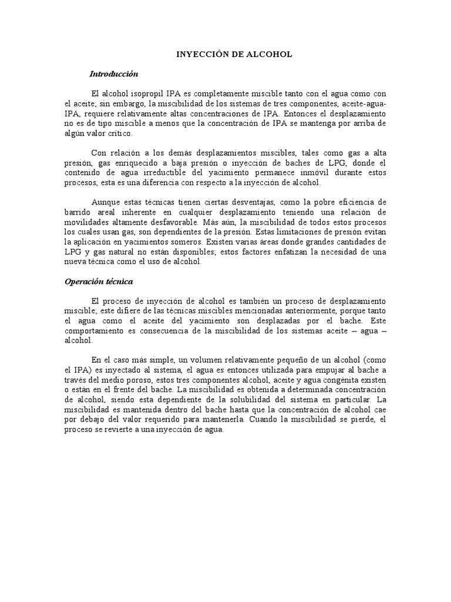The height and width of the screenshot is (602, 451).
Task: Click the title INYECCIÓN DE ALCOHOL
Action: [x=234, y=54]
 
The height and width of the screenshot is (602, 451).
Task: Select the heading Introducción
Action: [x=113, y=74]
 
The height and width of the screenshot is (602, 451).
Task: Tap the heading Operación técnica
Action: [x=99, y=281]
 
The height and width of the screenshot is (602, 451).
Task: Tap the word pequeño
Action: [x=278, y=360]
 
